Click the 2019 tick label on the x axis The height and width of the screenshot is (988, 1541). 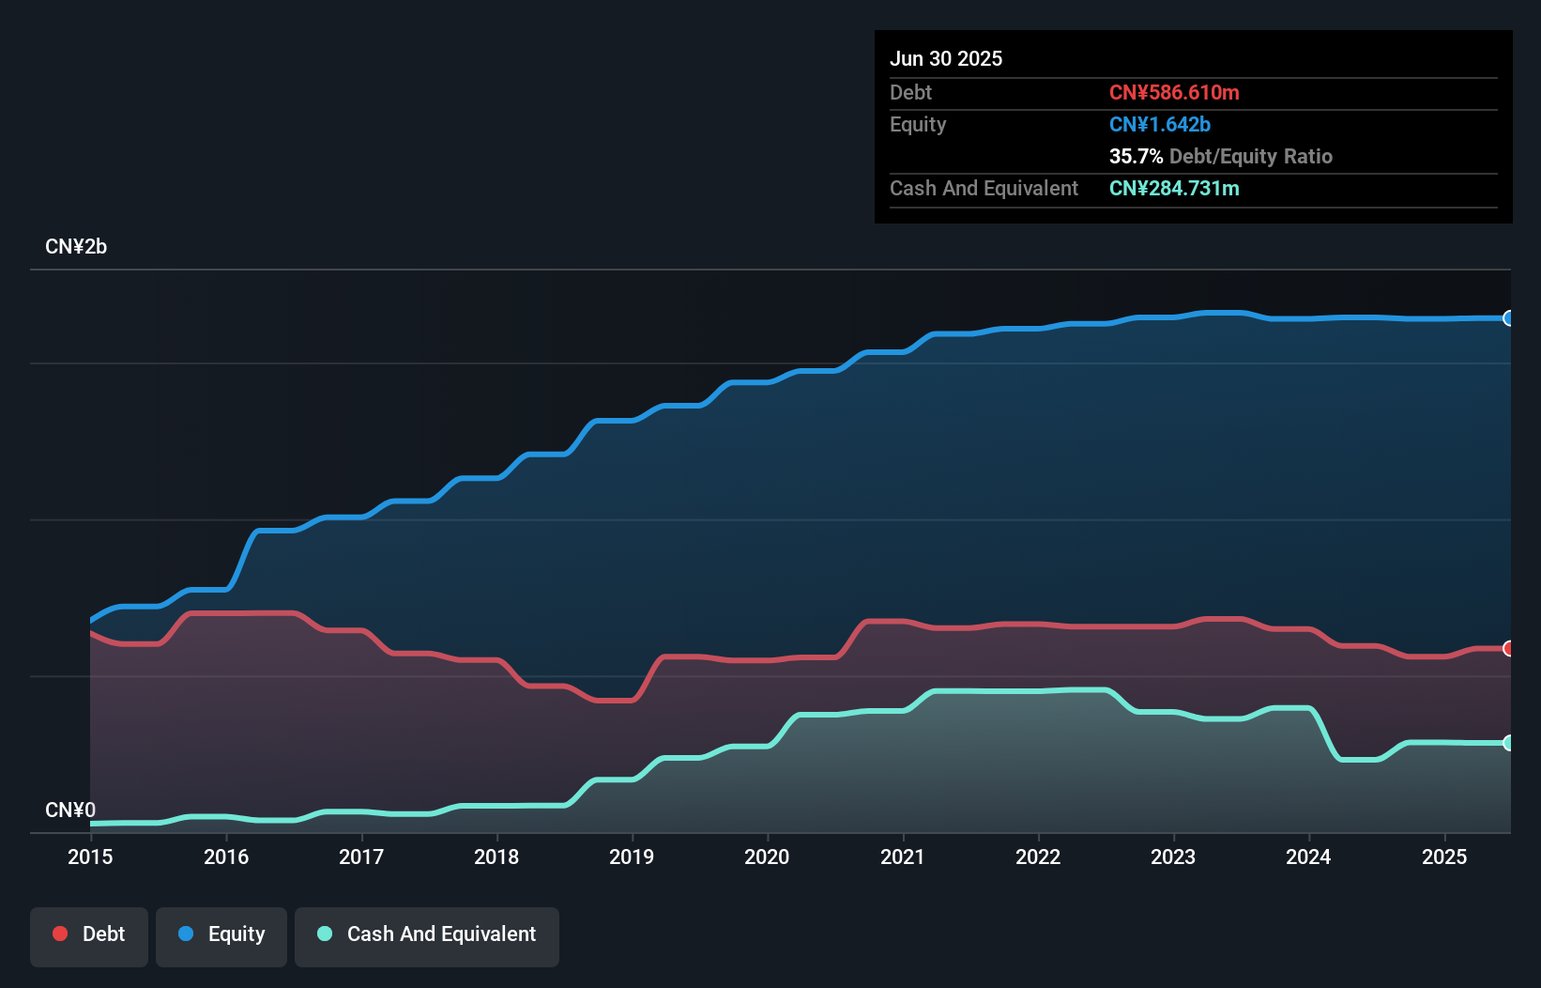tap(632, 857)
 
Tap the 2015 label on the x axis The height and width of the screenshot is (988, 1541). tap(90, 857)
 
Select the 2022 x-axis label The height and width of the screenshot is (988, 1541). tap(1038, 857)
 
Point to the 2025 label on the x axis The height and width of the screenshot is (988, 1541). tap(1444, 857)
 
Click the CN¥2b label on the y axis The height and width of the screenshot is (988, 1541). tap(76, 247)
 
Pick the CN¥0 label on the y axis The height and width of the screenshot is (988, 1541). tap(70, 810)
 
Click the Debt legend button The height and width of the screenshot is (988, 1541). tap(89, 934)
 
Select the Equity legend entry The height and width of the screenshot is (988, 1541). tap(221, 934)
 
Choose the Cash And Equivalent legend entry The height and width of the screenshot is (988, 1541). tap(427, 934)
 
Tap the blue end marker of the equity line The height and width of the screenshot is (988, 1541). tap(1508, 318)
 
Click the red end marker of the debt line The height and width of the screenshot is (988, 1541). tap(1508, 649)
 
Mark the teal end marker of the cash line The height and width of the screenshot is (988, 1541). tap(1508, 743)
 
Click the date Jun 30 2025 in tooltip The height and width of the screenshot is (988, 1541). tap(946, 58)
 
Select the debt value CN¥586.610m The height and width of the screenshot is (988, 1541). tap(1174, 92)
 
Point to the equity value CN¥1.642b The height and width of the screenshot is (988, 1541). tap(1160, 124)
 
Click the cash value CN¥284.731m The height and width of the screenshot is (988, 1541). tap(1174, 188)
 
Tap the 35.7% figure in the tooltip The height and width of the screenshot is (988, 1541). tap(1136, 156)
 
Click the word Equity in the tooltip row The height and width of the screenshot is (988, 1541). tap(918, 124)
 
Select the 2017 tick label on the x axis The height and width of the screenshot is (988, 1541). tap(361, 857)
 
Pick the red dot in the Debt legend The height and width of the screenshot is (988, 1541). tap(60, 934)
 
